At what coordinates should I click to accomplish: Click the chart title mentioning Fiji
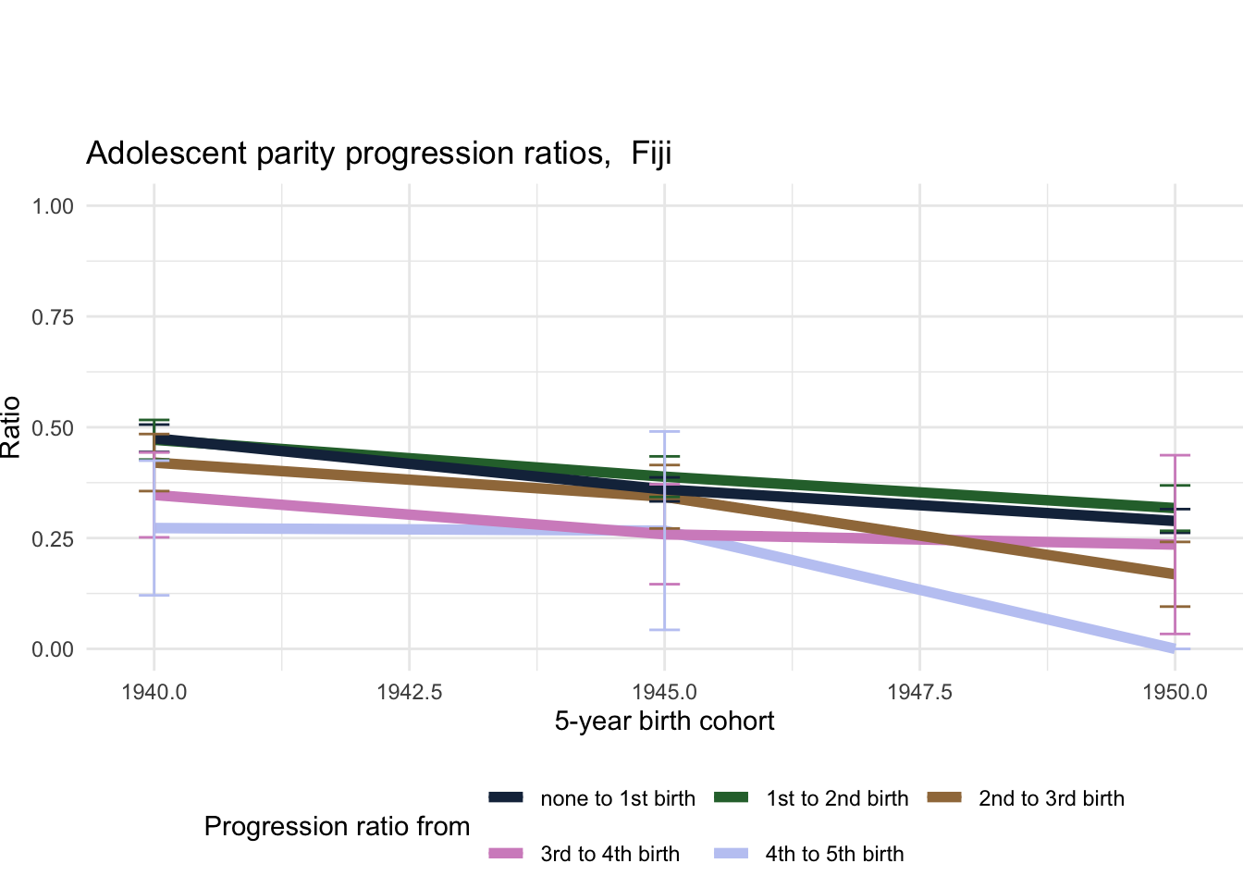378,153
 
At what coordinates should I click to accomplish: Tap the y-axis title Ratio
11,426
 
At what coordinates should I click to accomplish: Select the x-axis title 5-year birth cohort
664,721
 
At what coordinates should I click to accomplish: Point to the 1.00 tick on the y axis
53,206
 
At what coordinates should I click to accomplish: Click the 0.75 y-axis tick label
53,317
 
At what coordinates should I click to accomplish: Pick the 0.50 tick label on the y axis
53,428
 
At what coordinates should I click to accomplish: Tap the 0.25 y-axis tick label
53,539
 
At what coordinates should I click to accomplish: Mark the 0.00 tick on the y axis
53,650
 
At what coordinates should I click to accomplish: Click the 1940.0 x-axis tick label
154,693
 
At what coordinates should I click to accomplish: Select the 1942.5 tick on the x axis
409,693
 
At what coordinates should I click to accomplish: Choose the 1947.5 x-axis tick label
919,693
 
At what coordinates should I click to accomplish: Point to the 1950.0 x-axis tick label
1175,693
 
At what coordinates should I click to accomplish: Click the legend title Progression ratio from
337,827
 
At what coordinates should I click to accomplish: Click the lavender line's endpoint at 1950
1175,648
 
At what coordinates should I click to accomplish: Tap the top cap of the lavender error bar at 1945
664,432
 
